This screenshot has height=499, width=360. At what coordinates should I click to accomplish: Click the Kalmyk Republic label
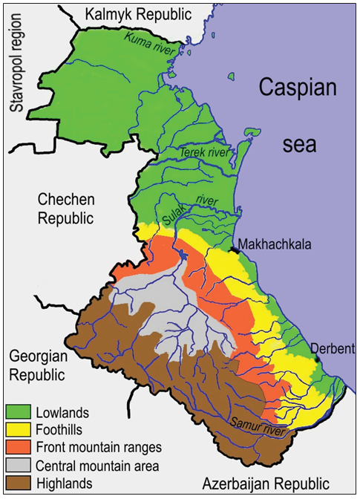tap(138, 13)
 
